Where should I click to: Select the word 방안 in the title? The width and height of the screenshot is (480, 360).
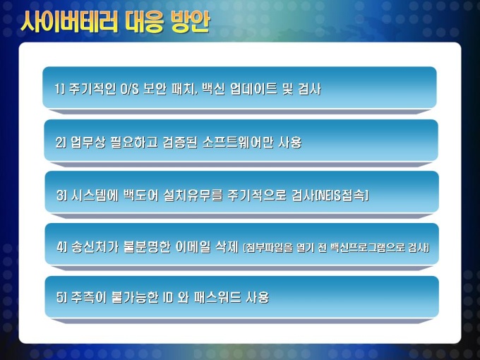pyautogui.click(x=191, y=21)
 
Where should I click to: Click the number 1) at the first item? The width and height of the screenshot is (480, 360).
pyautogui.click(x=60, y=89)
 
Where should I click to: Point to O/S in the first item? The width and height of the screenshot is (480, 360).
pyautogui.click(x=130, y=89)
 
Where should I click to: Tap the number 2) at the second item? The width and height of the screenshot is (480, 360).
pyautogui.click(x=61, y=143)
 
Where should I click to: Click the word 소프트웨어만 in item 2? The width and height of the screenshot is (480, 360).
pyautogui.click(x=238, y=143)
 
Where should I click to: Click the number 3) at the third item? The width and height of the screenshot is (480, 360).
pyautogui.click(x=61, y=195)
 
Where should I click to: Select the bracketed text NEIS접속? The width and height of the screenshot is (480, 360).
pyautogui.click(x=342, y=195)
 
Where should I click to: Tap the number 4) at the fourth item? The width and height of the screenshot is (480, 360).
pyautogui.click(x=62, y=247)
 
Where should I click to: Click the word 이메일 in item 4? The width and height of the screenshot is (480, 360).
pyautogui.click(x=193, y=247)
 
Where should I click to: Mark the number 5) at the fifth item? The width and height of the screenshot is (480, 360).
pyautogui.click(x=61, y=297)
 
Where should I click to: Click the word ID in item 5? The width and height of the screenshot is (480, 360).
pyautogui.click(x=168, y=297)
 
